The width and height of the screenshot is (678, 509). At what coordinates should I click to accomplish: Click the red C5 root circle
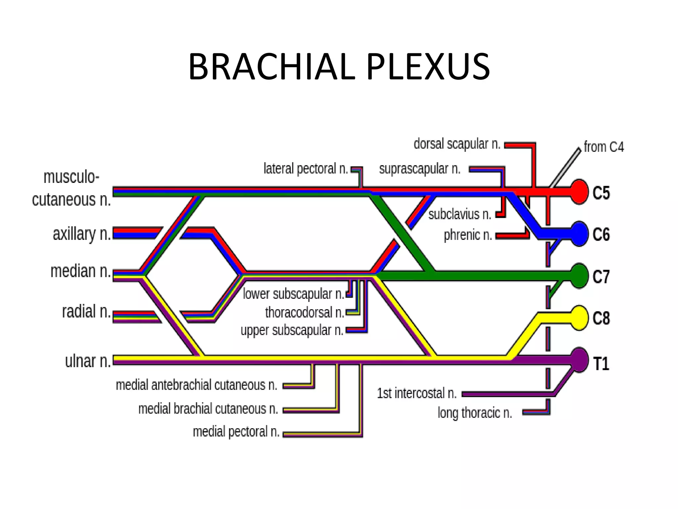(x=579, y=192)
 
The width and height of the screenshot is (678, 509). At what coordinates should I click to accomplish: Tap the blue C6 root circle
(x=579, y=234)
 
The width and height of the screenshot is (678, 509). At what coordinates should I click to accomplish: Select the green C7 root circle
(x=579, y=276)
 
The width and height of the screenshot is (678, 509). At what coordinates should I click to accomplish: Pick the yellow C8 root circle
(x=579, y=317)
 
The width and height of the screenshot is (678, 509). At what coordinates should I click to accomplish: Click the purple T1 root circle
(x=579, y=360)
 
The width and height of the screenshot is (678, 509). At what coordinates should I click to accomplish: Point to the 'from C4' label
(x=604, y=147)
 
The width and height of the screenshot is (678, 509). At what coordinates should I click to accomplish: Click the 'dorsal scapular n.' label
(x=457, y=144)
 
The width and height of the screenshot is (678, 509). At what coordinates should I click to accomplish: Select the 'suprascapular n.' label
(x=419, y=169)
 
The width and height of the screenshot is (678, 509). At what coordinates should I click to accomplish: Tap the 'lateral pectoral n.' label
(x=306, y=169)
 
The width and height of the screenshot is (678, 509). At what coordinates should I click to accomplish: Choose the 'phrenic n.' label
(x=467, y=235)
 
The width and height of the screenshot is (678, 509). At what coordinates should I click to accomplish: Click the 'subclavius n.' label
(x=460, y=214)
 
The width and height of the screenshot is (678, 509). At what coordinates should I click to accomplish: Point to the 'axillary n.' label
(x=82, y=234)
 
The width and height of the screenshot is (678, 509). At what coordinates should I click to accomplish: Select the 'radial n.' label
(x=86, y=312)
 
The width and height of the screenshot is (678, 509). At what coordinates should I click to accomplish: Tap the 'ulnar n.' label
(x=88, y=361)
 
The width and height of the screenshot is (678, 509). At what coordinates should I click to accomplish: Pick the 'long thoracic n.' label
(x=474, y=413)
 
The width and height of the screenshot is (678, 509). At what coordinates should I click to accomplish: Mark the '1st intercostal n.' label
(x=416, y=393)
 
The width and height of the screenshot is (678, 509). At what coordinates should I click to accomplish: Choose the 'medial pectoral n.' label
(x=236, y=432)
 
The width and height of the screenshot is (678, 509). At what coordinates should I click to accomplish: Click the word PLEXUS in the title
(x=428, y=67)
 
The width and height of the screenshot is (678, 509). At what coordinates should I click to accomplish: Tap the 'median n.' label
(x=80, y=271)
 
